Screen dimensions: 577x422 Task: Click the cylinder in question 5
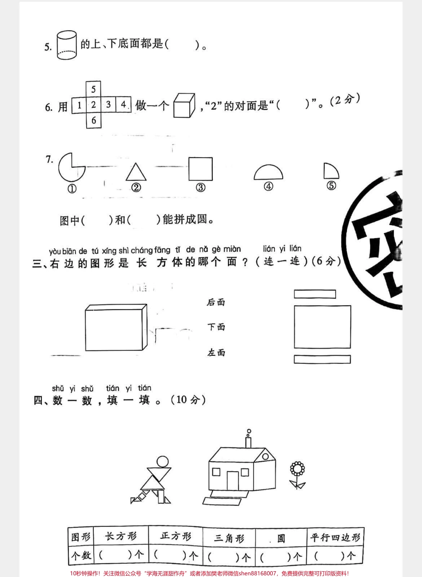(x=67, y=45)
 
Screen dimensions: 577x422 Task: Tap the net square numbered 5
(x=93, y=89)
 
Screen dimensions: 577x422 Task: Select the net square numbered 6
(x=93, y=120)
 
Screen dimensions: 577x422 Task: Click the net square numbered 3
(x=108, y=105)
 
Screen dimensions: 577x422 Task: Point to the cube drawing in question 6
(x=183, y=105)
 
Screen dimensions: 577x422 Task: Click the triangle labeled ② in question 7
(x=136, y=172)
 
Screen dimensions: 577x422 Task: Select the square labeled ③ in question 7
(x=200, y=169)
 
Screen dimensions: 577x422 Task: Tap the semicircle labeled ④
(x=268, y=173)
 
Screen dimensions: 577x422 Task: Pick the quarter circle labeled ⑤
(x=330, y=171)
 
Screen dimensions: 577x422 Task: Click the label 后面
(x=216, y=302)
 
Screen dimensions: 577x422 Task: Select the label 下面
(x=216, y=327)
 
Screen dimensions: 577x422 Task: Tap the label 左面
(x=216, y=353)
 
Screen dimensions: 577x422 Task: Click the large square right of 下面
(x=322, y=326)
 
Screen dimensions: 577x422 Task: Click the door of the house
(x=233, y=480)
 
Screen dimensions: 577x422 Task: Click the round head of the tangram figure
(x=163, y=462)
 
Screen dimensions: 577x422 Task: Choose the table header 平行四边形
(x=335, y=537)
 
